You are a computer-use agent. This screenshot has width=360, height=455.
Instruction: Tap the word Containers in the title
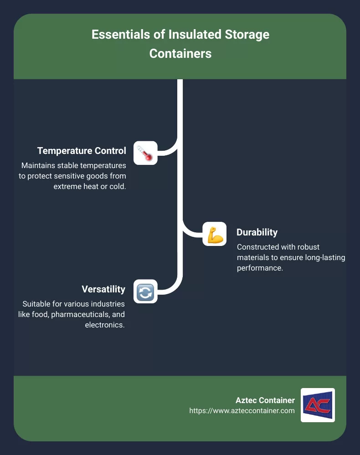coord(180,54)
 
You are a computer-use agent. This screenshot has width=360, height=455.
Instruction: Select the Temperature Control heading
coord(82,151)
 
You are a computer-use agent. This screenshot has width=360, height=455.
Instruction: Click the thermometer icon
coord(145,153)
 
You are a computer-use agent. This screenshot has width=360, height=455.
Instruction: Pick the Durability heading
coord(257,232)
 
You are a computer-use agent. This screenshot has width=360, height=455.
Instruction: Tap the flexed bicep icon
coord(215,234)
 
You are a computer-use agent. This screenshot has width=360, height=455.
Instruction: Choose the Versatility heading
coord(103,289)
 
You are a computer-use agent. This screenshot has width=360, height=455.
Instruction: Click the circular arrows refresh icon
coord(145,291)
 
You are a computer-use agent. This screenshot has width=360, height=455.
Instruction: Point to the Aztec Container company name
coord(265,400)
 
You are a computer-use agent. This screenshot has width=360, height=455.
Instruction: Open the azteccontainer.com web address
coord(242,411)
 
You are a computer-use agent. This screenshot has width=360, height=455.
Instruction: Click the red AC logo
coord(318,405)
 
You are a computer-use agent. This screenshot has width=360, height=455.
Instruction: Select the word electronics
coord(105,325)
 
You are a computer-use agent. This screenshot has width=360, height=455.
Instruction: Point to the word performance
coord(260,268)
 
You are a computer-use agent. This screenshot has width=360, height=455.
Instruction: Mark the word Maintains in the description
coord(38,165)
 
